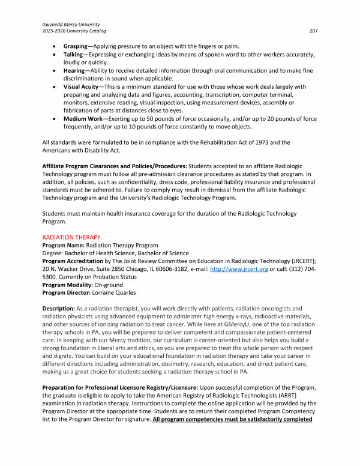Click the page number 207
click(313, 30)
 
